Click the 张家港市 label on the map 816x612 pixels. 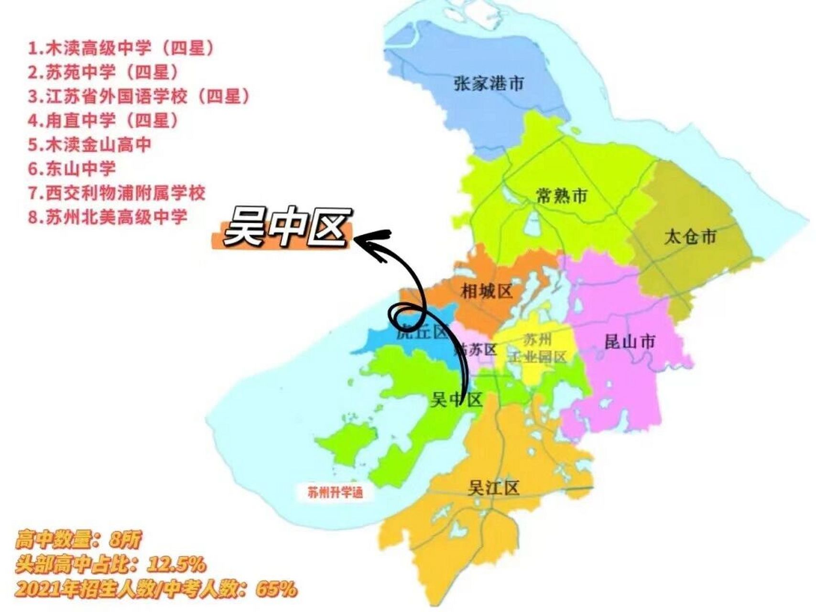pos(489,84)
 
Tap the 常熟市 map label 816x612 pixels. pos(561,196)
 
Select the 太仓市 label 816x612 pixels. pos(690,236)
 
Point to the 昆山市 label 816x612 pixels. pos(630,342)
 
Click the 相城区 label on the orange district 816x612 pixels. pos(486,291)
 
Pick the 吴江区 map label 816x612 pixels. pos(493,488)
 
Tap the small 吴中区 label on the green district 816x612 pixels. pos(457,399)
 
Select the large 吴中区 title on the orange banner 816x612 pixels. pos(284,229)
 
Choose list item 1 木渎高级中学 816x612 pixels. pos(121,48)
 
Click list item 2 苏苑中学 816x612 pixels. pos(104,72)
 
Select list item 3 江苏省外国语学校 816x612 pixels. pos(139,96)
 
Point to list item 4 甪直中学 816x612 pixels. pos(104,120)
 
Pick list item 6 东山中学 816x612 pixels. pos(72,168)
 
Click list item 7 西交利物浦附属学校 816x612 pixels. pos(117,193)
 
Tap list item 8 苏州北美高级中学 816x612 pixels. pos(108,217)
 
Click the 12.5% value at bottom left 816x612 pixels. pos(177,565)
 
